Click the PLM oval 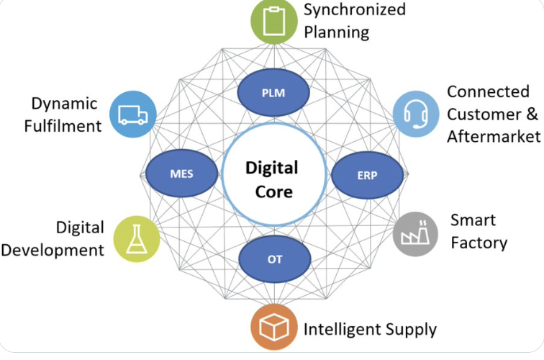pyautogui.click(x=274, y=93)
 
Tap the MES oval pyautogui.click(x=181, y=174)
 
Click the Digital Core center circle pyautogui.click(x=271, y=179)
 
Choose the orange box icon pyautogui.click(x=273, y=329)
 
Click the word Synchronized pyautogui.click(x=354, y=10)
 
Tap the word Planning pyautogui.click(x=336, y=32)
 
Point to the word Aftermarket pyautogui.click(x=493, y=136)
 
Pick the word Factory pyautogui.click(x=479, y=242)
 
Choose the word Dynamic pyautogui.click(x=65, y=103)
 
